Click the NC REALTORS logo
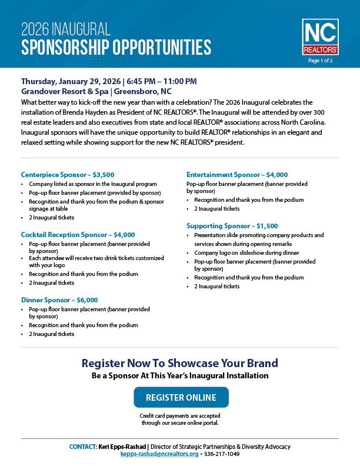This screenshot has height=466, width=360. tap(320, 36)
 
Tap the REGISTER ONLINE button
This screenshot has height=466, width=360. tap(181, 397)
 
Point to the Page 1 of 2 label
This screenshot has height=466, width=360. tap(320, 60)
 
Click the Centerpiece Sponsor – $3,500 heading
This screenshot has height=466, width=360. tap(68, 174)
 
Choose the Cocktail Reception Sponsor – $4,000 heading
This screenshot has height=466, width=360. tap(78, 234)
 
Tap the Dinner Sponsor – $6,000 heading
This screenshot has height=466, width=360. tap(59, 299)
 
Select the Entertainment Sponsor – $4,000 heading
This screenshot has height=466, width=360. tap(237, 174)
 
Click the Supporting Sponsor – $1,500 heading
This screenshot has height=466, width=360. tap(232, 225)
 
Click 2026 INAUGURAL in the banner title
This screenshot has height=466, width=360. tap(65, 29)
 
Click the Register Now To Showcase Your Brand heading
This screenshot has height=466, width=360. tap(180, 362)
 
